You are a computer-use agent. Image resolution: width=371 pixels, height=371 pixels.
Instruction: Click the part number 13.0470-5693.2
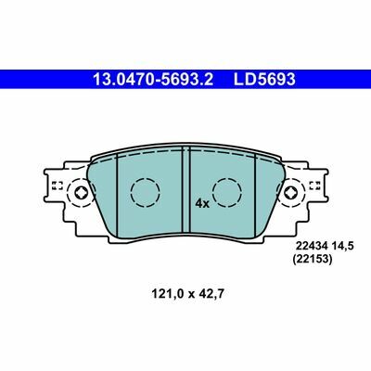coord(153,80)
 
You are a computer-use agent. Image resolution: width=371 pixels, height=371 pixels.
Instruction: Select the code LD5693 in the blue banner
coord(264,80)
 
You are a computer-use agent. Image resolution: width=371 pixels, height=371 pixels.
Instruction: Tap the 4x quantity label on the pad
coord(202,203)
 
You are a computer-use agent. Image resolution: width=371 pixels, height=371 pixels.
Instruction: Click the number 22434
coord(312,246)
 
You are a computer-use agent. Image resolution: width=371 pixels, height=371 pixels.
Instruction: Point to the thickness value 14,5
coord(342,246)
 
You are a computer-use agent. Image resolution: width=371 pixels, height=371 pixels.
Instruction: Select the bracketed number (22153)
coord(313,260)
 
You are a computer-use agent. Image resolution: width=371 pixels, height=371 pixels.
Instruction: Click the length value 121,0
coord(167,294)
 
